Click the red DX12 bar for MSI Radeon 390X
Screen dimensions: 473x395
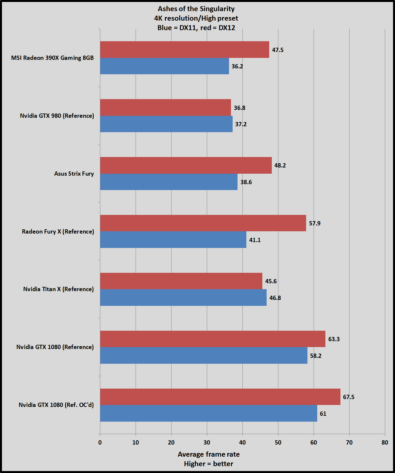[185, 49]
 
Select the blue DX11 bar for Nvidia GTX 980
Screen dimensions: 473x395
[166, 124]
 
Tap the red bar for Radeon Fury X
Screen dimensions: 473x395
[203, 223]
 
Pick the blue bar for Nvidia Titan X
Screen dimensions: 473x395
[183, 298]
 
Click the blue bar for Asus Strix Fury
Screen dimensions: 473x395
[169, 182]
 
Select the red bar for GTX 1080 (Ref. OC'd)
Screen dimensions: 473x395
[220, 397]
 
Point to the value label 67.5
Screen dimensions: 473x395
[349, 397]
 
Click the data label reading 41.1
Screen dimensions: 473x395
[255, 240]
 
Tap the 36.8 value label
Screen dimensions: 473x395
[239, 108]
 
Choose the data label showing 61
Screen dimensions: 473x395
[323, 414]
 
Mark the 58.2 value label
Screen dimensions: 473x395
[316, 356]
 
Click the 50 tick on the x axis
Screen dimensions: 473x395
[278, 443]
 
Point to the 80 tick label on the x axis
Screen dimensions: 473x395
[385, 443]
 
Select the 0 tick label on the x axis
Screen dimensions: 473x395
[100, 443]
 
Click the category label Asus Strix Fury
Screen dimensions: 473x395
[74, 174]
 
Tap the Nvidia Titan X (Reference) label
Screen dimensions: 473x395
[58, 289]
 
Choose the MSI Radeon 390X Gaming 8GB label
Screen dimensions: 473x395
[52, 58]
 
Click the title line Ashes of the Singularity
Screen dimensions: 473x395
[196, 9]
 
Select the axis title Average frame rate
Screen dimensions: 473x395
[208, 454]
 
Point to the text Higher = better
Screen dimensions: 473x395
[208, 464]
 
